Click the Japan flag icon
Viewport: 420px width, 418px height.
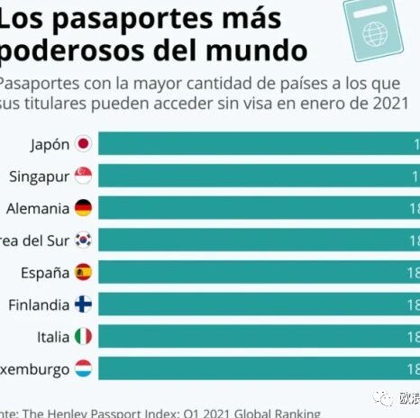click(x=83, y=144)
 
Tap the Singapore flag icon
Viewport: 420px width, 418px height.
click(x=83, y=177)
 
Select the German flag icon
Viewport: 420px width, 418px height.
click(x=83, y=208)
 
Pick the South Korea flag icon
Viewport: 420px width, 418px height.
click(x=83, y=241)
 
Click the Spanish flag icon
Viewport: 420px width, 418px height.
click(x=83, y=272)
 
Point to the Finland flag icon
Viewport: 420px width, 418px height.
click(x=83, y=304)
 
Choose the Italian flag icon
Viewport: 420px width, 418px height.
click(x=83, y=336)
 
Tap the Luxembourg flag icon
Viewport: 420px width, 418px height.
click(x=83, y=368)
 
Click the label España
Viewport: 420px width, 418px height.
click(x=44, y=272)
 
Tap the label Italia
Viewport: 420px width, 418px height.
click(x=53, y=336)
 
